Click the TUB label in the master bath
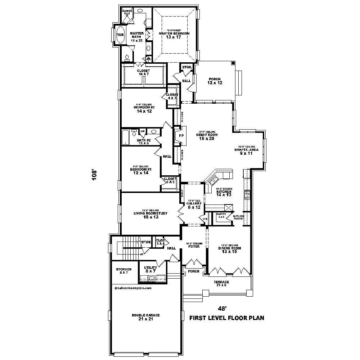(120, 35)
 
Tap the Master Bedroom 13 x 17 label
(174, 34)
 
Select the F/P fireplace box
(181, 136)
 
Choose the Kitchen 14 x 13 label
(224, 192)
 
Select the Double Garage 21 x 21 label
(145, 317)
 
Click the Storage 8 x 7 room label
(123, 271)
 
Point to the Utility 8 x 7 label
(150, 270)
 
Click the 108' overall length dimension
(95, 175)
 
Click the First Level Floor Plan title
(227, 318)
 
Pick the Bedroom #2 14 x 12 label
(144, 109)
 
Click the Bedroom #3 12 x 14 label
(140, 171)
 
